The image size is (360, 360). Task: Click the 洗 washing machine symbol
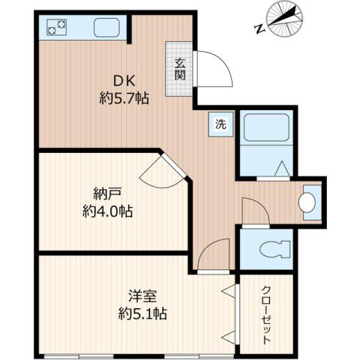(x=220, y=124)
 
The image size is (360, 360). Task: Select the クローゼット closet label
(x=267, y=315)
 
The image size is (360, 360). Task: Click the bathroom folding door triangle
(x=282, y=169)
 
